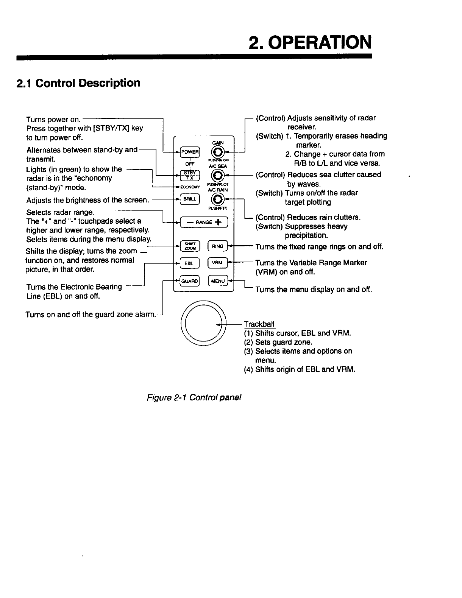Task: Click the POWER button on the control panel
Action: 189,152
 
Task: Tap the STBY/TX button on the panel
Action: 189,175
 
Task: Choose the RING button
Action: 217,246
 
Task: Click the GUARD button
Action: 189,281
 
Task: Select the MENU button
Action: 218,281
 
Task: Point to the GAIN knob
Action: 217,152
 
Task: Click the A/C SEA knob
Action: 217,175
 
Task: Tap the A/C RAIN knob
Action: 217,198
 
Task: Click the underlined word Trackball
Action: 259,324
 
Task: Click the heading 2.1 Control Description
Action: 78,83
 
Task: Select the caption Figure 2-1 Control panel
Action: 194,397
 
